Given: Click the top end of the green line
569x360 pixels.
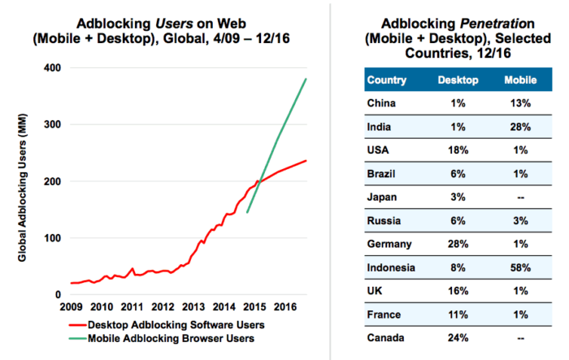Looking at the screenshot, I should [x=306, y=79].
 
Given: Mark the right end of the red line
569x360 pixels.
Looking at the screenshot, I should [x=306, y=160].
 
